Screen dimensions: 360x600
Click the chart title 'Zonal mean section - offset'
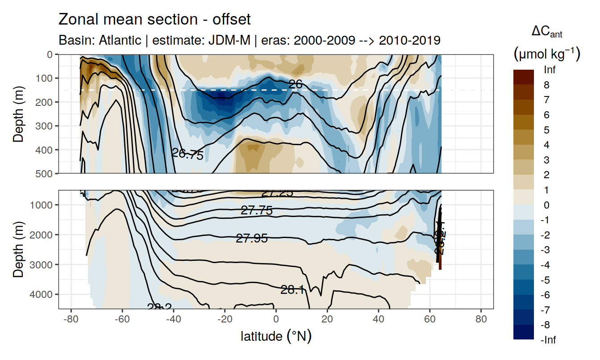[x=154, y=20]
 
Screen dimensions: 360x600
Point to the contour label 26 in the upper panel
[x=296, y=84]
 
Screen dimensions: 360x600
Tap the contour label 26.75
[x=187, y=155]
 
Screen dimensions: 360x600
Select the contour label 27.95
[x=252, y=239]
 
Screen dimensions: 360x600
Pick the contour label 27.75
[x=256, y=211]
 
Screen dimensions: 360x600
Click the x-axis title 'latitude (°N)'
[x=276, y=336]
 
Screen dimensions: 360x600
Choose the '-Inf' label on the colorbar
[x=549, y=340]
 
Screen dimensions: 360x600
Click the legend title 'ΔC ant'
[x=546, y=32]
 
